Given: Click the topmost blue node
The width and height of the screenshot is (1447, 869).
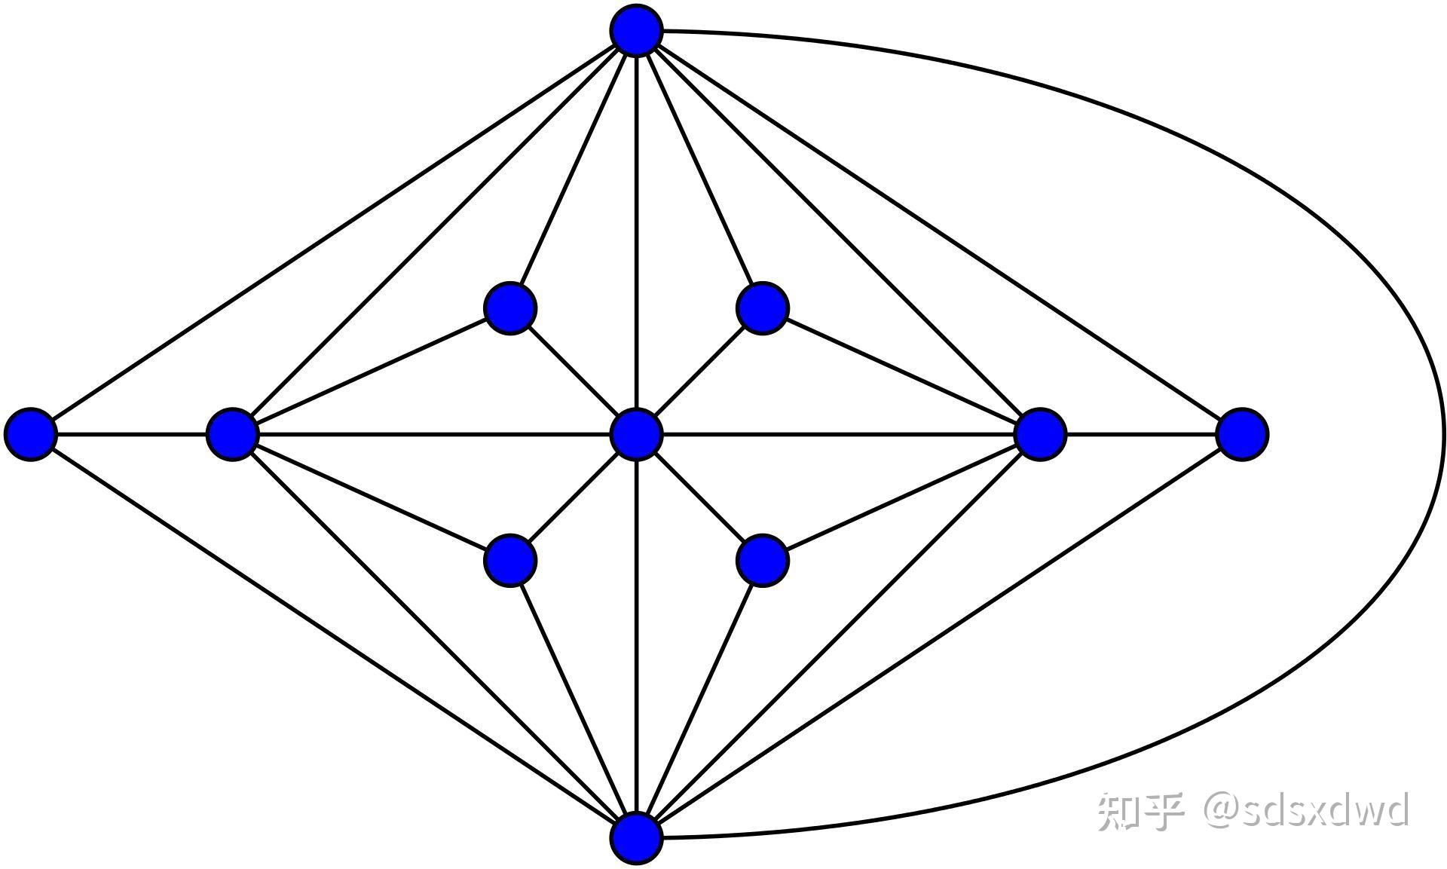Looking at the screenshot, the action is coord(637,31).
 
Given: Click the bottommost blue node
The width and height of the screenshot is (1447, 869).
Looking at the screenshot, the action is coord(637,837).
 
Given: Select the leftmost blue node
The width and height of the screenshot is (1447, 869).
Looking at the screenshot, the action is coord(31,434).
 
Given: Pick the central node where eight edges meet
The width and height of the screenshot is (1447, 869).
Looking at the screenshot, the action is coord(637,434).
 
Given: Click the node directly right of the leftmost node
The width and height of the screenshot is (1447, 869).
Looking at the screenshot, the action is coord(233,434).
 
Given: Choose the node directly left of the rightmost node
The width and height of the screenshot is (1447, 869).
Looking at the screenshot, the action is coord(1041,434).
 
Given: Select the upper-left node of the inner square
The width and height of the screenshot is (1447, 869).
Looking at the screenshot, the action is coord(510,308).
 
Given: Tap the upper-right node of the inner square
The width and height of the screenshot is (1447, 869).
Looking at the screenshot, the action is coord(763,308).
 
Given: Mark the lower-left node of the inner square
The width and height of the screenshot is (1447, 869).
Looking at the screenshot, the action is coord(510,560).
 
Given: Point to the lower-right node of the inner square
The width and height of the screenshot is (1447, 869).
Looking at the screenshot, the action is coord(763,560).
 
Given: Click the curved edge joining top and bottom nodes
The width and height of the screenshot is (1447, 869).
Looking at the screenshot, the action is coord(1443,434).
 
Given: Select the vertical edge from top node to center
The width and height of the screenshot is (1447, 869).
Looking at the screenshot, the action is coord(637,226).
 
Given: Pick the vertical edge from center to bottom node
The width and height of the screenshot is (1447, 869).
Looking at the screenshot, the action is coord(637,641).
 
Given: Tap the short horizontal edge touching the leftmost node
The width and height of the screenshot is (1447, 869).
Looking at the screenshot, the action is coord(132,434).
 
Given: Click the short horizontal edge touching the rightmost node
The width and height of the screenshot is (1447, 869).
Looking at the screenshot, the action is coord(1142,434).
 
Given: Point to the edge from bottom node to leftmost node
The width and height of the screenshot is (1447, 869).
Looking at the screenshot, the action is coord(332,635).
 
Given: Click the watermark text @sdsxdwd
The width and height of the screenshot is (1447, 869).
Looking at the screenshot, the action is coord(1305,810).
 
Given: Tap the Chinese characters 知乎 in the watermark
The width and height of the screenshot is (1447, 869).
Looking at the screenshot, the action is coord(1140,811).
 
